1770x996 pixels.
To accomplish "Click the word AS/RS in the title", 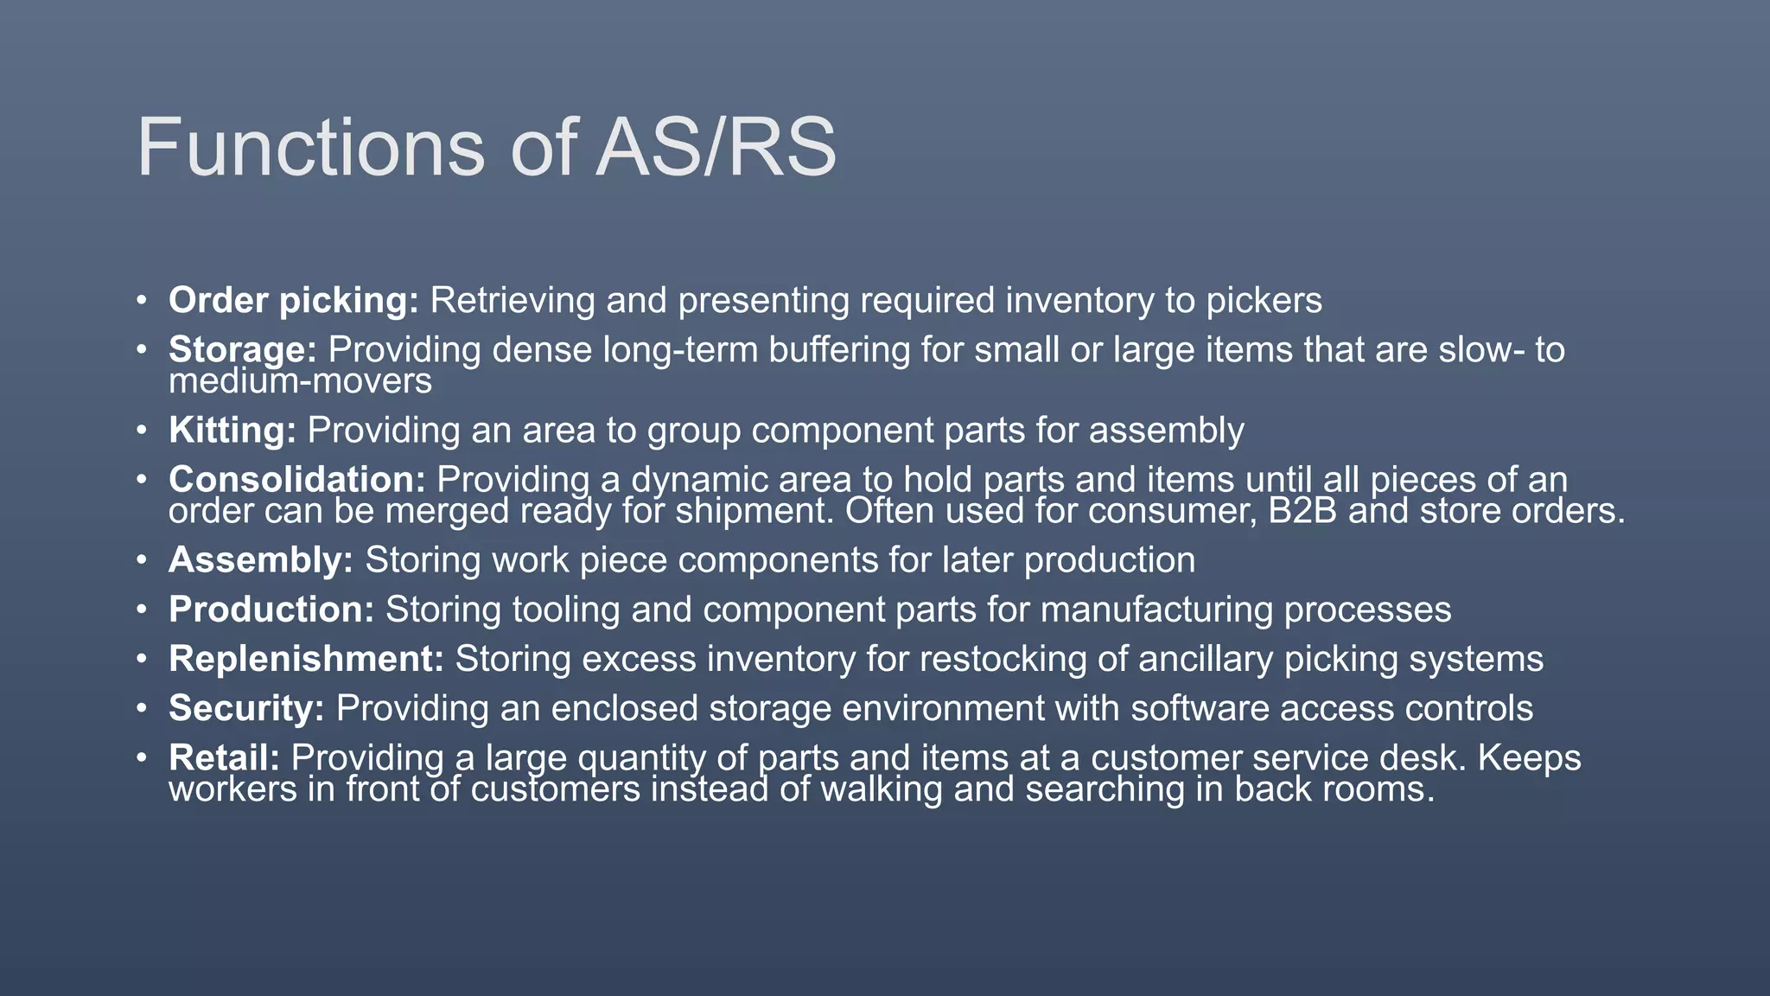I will click(716, 148).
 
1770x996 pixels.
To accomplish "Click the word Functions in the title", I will click(310, 148).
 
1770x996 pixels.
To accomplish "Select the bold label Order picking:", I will click(293, 301).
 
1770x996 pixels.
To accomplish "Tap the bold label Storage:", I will click(243, 350).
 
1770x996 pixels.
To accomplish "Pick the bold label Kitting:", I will click(232, 431).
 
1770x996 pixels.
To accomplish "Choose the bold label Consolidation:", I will click(296, 480).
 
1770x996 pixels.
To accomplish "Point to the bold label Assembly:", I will click(261, 560).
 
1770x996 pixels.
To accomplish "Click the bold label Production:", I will click(271, 610).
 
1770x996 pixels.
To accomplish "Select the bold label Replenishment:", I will click(306, 659).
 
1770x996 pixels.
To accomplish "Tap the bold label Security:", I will click(246, 708).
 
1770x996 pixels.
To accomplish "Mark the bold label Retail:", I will click(224, 758).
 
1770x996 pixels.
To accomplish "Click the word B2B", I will click(1302, 511).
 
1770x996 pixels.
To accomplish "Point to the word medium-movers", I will click(300, 381).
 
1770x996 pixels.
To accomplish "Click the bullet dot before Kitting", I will click(141, 431).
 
